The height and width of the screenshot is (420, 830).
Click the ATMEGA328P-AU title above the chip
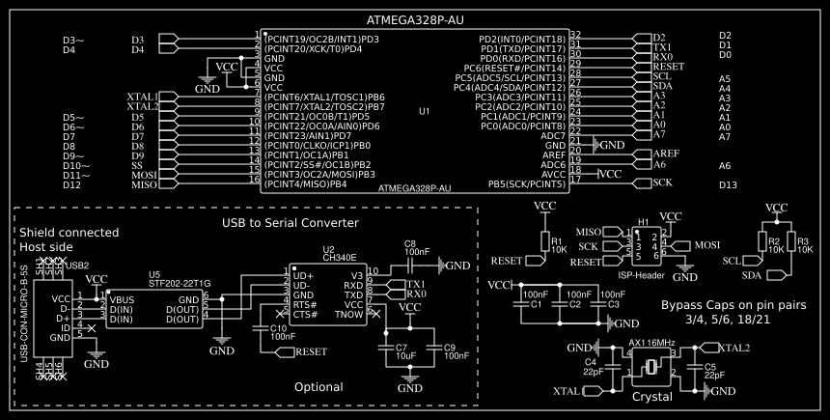coord(416,20)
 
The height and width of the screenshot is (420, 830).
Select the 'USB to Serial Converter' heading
coord(290,223)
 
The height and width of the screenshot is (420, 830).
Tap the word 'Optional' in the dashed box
coord(318,387)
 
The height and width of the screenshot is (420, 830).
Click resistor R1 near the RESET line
coord(544,243)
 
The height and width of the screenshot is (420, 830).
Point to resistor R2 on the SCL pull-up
coord(762,243)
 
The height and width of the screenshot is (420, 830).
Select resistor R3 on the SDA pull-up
coord(790,243)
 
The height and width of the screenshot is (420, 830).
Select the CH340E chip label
coord(339,259)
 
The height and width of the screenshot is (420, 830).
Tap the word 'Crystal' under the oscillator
coord(651,397)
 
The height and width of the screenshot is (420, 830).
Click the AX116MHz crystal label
coord(652,343)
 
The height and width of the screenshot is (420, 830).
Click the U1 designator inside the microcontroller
coord(424,112)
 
